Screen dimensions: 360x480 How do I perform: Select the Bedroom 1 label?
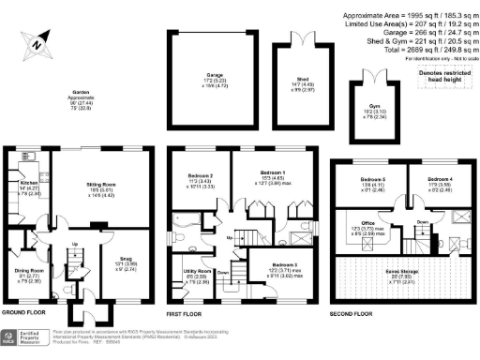[x=271, y=173]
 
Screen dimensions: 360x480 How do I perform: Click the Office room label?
[x=369, y=226]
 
